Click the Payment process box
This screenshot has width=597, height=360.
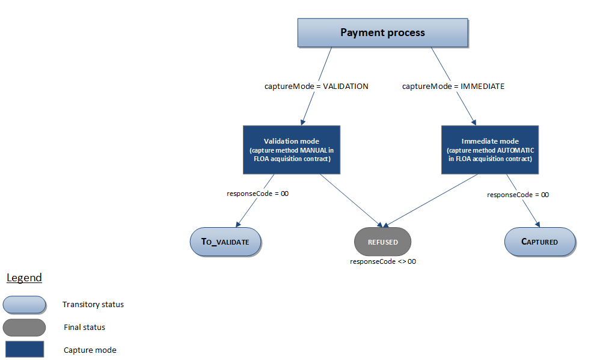tap(382, 33)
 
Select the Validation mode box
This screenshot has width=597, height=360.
tap(292, 150)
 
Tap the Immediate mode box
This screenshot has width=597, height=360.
tap(489, 150)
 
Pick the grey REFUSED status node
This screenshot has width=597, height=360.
tap(382, 242)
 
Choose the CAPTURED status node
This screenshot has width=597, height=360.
tap(539, 242)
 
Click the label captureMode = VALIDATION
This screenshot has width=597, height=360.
tap(316, 87)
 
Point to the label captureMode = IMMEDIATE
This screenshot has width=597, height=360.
tap(453, 87)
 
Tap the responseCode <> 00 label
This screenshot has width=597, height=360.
tap(383, 262)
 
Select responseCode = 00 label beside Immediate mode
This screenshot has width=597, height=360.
tap(518, 195)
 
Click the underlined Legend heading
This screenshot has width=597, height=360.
tap(24, 278)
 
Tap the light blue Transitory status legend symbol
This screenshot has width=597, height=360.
tap(24, 305)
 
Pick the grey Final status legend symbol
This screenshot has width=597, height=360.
tap(24, 328)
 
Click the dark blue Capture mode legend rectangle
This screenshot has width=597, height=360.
tap(24, 350)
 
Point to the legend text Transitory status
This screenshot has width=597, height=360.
tap(93, 305)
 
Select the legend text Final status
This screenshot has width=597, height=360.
tap(85, 328)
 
